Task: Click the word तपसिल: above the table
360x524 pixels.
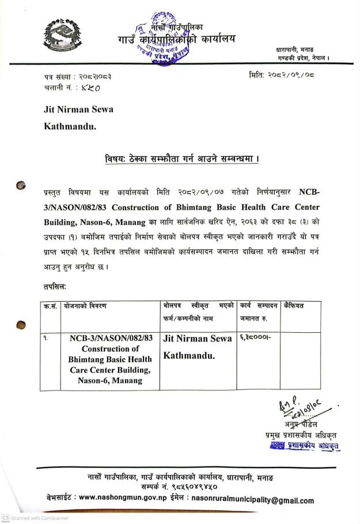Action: (56, 286)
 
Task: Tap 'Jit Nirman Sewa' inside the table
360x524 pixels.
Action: (198, 339)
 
